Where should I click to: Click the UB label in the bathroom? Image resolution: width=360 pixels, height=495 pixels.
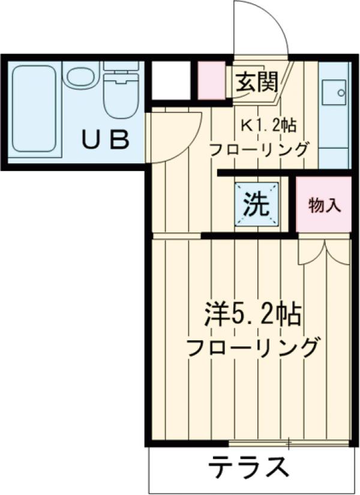point(106,140)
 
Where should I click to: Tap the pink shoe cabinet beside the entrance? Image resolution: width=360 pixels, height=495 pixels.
point(212,80)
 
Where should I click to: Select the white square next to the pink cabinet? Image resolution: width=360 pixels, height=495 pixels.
point(170,80)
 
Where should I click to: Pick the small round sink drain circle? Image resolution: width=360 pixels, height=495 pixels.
point(341,94)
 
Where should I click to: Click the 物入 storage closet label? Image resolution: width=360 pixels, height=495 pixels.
point(325,205)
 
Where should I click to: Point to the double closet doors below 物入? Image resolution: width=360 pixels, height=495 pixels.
point(324,251)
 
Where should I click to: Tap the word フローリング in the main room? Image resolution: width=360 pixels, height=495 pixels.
point(251,347)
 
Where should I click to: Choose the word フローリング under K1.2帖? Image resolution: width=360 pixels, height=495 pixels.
point(259,149)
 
